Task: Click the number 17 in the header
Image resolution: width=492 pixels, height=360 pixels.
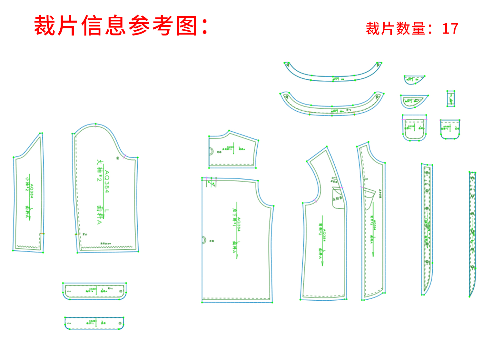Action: (x=450, y=29)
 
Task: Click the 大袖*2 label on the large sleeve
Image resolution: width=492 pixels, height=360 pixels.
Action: (x=99, y=170)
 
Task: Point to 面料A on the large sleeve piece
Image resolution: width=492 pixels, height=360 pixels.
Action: (x=99, y=215)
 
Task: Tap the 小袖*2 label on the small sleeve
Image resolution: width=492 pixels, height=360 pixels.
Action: (x=28, y=183)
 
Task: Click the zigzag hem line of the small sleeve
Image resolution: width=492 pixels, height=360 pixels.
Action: (x=27, y=247)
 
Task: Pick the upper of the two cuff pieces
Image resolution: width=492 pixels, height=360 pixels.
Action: (x=94, y=291)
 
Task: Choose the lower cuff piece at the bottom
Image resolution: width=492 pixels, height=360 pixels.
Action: (x=94, y=323)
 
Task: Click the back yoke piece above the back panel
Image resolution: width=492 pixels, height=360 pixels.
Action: (x=233, y=150)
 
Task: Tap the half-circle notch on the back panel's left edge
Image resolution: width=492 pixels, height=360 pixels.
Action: (x=204, y=240)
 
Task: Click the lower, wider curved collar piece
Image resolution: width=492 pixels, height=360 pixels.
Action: (x=332, y=107)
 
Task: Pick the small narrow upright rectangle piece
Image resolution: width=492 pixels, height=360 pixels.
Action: (x=451, y=98)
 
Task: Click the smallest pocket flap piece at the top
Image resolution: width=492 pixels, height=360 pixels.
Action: (x=414, y=79)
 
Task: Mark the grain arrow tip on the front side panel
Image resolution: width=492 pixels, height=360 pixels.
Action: (x=322, y=265)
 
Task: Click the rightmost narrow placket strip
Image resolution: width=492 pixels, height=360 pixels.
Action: (x=472, y=232)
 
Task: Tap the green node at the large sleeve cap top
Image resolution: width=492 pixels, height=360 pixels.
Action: (x=95, y=124)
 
